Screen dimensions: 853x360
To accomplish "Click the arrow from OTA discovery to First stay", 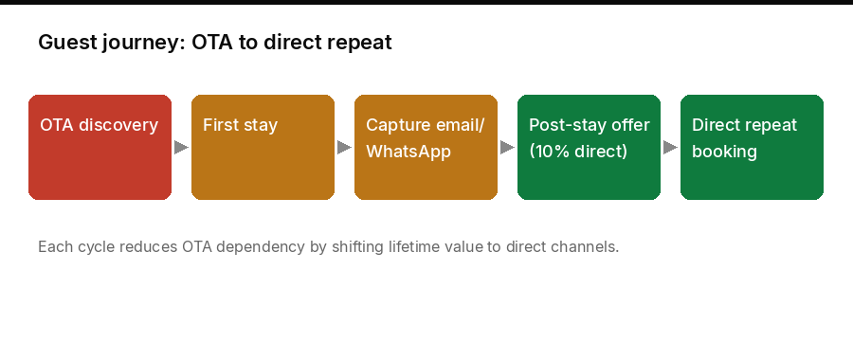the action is (x=181, y=148).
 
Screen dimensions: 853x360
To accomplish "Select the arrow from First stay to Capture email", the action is (x=344, y=148).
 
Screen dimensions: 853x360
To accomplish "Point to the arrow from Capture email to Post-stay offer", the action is (x=507, y=148).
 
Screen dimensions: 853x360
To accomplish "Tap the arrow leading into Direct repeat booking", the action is (x=670, y=148).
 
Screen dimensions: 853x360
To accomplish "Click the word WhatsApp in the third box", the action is (x=408, y=152).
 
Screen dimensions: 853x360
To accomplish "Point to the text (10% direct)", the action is (x=578, y=152).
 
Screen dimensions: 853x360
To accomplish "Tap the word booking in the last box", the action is (x=724, y=152).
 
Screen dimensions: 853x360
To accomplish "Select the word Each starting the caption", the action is (x=53, y=247).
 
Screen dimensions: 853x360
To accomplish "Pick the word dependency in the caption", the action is (x=260, y=247).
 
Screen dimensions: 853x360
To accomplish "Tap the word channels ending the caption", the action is (x=590, y=247).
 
